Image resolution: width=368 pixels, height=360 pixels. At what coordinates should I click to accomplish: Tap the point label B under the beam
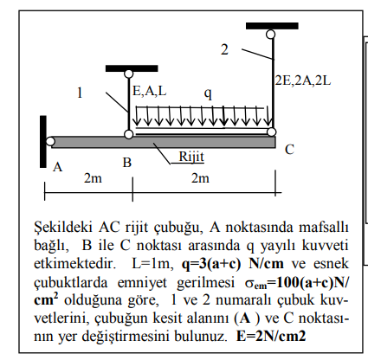pyautogui.click(x=126, y=162)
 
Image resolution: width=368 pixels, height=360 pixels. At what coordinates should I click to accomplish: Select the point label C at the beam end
pyautogui.click(x=289, y=149)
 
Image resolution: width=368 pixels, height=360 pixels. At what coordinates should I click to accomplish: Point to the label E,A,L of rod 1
pyautogui.click(x=150, y=89)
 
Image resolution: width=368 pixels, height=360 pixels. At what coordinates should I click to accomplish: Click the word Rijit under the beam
pyautogui.click(x=191, y=156)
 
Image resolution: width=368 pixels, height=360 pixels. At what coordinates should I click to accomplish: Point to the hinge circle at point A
pyautogui.click(x=51, y=141)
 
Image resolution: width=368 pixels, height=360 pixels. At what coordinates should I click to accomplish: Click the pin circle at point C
pyautogui.click(x=272, y=132)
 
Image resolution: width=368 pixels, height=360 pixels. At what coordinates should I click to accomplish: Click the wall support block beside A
pyautogui.click(x=42, y=140)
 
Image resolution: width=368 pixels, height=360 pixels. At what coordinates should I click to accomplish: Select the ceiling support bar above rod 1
pyautogui.click(x=131, y=67)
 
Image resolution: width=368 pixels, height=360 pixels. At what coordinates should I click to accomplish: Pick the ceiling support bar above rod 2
pyautogui.click(x=272, y=25)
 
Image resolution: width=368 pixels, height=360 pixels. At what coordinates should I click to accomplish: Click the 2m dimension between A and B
pyautogui.click(x=92, y=178)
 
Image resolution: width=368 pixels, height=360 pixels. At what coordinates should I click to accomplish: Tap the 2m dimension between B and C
pyautogui.click(x=201, y=178)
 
